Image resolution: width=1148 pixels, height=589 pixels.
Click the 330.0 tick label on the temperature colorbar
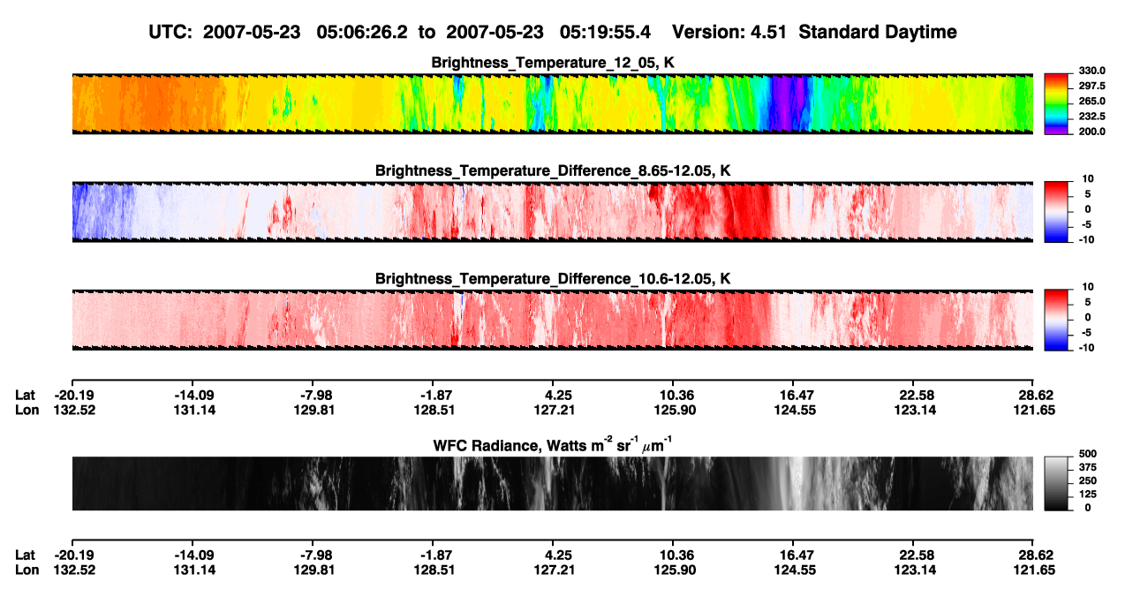tap(1091, 71)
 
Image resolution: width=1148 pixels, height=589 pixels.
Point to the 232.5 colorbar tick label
tap(1091, 117)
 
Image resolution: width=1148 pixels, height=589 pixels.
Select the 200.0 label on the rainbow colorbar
tap(1091, 132)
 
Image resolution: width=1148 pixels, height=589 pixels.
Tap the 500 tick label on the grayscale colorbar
tap(1087, 454)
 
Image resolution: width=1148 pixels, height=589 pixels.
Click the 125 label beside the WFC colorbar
tap(1087, 495)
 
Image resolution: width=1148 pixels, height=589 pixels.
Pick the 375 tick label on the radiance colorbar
tap(1087, 467)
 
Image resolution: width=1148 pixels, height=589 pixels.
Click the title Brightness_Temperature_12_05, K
tap(553, 63)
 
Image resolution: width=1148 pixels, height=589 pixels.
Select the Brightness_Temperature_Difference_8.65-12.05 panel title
tap(553, 170)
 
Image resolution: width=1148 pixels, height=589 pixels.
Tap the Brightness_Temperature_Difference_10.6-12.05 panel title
tap(553, 279)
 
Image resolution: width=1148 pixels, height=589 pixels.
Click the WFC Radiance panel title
tap(553, 445)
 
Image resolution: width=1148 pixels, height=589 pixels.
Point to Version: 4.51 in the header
tap(729, 32)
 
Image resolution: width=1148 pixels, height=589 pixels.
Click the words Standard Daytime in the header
tap(878, 33)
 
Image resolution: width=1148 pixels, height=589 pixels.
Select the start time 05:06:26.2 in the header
tap(362, 32)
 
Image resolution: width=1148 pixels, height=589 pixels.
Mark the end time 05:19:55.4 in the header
tap(605, 32)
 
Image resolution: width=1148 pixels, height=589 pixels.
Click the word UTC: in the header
tap(170, 32)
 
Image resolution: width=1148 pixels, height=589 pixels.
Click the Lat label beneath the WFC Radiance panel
tap(25, 555)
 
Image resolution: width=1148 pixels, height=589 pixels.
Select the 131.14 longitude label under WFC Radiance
tap(194, 570)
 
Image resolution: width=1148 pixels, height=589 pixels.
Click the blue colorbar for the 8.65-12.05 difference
tap(1056, 212)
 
